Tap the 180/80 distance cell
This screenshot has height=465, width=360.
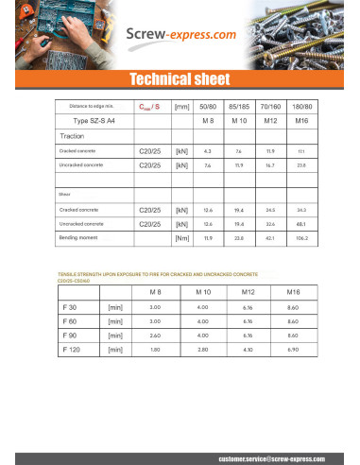pos(301,107)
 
